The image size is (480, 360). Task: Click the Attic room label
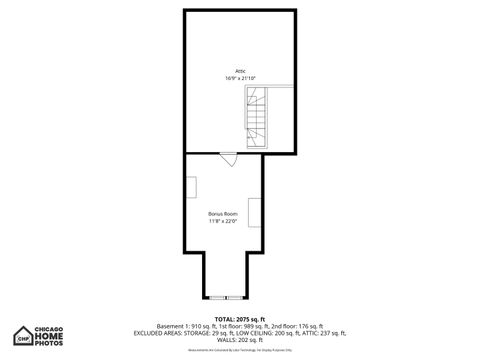[x=240, y=70]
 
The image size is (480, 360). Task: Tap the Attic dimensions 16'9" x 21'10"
[x=240, y=77]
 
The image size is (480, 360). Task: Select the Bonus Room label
[x=223, y=213]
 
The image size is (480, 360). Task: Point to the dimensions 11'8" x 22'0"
[x=223, y=221]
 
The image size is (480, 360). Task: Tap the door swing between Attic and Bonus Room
[x=228, y=159]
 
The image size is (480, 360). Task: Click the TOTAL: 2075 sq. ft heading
[x=239, y=320]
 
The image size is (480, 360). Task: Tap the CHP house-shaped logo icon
[x=23, y=335]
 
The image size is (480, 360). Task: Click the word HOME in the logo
[x=49, y=337]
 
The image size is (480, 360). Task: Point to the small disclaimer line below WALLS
[x=239, y=351]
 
